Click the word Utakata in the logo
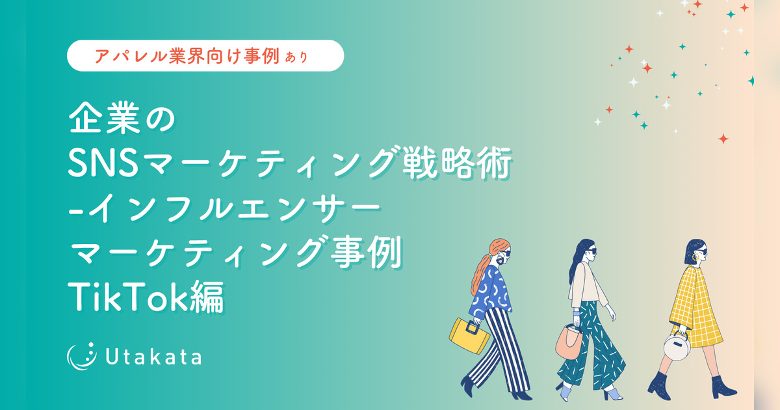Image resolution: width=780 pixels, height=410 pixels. pyautogui.click(x=153, y=357)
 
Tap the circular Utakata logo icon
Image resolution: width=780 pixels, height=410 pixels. pyautogui.click(x=81, y=356)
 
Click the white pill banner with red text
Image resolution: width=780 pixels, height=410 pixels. pyautogui.click(x=205, y=56)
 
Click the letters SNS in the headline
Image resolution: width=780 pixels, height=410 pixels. pyautogui.click(x=103, y=163)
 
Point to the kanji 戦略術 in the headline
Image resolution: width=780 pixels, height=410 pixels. pyautogui.click(x=457, y=163)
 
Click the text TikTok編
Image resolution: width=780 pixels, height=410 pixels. pyautogui.click(x=146, y=296)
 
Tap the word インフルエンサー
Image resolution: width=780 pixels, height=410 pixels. pyautogui.click(x=235, y=208)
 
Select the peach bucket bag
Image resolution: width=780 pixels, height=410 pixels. pyautogui.click(x=569, y=342)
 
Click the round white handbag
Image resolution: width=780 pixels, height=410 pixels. pyautogui.click(x=677, y=346)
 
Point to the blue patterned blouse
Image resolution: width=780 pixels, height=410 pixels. pyautogui.click(x=490, y=292)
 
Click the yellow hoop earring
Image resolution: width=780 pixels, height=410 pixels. pyautogui.click(x=695, y=257)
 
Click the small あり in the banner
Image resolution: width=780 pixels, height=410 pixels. pyautogui.click(x=296, y=57)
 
